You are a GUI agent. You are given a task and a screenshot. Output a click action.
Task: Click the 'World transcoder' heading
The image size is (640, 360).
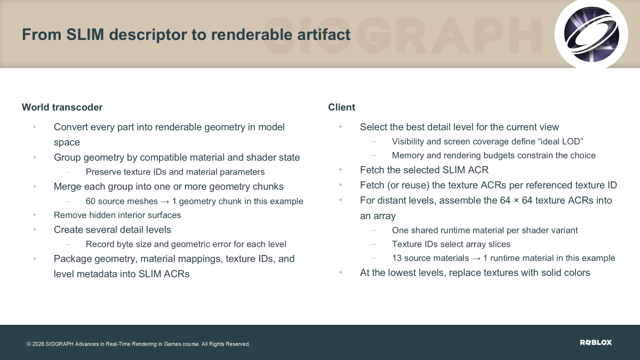(62, 107)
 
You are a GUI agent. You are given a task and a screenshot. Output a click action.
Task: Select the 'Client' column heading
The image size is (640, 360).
(341, 107)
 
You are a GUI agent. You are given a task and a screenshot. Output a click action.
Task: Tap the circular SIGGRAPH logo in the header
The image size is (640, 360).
(591, 34)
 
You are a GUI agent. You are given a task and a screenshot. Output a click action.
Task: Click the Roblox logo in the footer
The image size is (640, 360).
(596, 342)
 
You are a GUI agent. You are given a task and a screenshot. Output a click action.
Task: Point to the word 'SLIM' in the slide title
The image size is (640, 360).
(85, 34)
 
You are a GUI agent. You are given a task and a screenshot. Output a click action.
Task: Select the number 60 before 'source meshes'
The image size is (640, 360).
(90, 201)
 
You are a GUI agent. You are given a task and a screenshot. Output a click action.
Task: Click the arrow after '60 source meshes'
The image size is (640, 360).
(165, 202)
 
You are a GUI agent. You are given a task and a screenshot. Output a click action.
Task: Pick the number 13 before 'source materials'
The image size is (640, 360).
(397, 258)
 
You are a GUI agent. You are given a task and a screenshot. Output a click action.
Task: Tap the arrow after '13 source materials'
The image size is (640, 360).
(476, 258)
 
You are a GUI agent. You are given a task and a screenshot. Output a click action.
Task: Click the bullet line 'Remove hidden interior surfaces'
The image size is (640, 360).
(117, 215)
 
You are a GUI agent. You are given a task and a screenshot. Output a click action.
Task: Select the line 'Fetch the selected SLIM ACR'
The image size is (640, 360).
(424, 170)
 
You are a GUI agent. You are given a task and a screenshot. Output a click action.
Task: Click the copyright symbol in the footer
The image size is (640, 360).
(29, 344)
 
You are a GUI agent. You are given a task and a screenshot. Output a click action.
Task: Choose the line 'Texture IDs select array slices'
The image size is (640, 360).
(451, 244)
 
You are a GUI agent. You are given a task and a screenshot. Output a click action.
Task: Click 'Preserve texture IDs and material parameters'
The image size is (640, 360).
(175, 172)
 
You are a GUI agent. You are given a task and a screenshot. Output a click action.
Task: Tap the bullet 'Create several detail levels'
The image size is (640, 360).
(113, 229)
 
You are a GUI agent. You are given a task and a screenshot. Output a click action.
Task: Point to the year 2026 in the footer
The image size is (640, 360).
(38, 344)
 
